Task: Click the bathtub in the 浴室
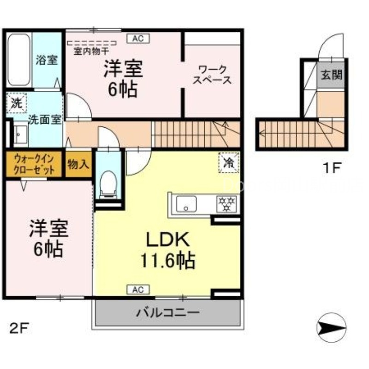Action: point(19,60)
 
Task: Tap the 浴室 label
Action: point(47,60)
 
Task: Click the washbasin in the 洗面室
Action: point(19,135)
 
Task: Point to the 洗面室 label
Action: point(44,119)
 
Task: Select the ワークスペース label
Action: point(212,75)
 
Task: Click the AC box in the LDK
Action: point(137,289)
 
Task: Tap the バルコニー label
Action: point(168,313)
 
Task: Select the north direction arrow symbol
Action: point(331,327)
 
